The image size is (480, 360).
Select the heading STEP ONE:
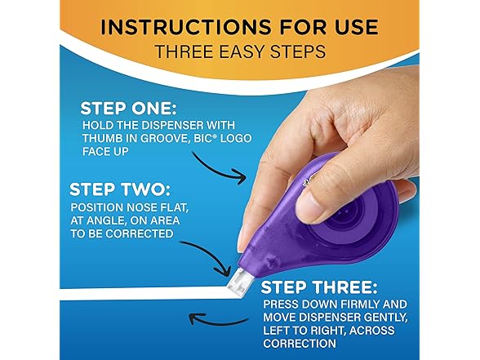point(129,109)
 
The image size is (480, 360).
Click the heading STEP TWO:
point(120,189)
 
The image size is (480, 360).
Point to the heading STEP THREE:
point(319,287)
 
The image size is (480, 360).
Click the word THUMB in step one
point(101,138)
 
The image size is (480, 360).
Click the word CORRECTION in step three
point(300,344)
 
